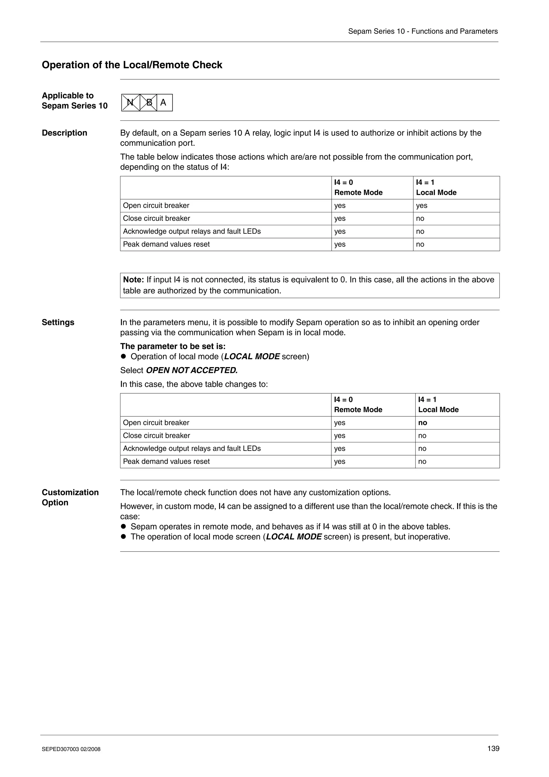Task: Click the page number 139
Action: pyautogui.click(x=493, y=748)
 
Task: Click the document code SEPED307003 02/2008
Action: pyautogui.click(x=71, y=749)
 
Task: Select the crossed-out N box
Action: pyautogui.click(x=130, y=102)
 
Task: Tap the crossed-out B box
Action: pyautogui.click(x=149, y=102)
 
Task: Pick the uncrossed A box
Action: pyautogui.click(x=164, y=102)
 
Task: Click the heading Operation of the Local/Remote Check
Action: pyautogui.click(x=132, y=65)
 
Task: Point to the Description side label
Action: pyautogui.click(x=64, y=133)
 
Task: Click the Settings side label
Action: pyautogui.click(x=58, y=322)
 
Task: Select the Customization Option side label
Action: pyautogui.click(x=70, y=497)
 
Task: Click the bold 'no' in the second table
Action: pyautogui.click(x=422, y=423)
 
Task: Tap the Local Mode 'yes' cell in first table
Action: pyautogui.click(x=421, y=205)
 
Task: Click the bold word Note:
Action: pyautogui.click(x=133, y=280)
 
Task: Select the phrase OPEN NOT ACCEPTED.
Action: pyautogui.click(x=192, y=370)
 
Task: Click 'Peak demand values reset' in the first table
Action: pyautogui.click(x=166, y=244)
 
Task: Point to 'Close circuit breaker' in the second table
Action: pyautogui.click(x=156, y=435)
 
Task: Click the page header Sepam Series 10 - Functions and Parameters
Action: pyautogui.click(x=423, y=31)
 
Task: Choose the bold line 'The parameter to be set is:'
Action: pyautogui.click(x=173, y=346)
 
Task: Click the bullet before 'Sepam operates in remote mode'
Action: pyautogui.click(x=124, y=527)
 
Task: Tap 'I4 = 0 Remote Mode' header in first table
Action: pyautogui.click(x=358, y=187)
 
